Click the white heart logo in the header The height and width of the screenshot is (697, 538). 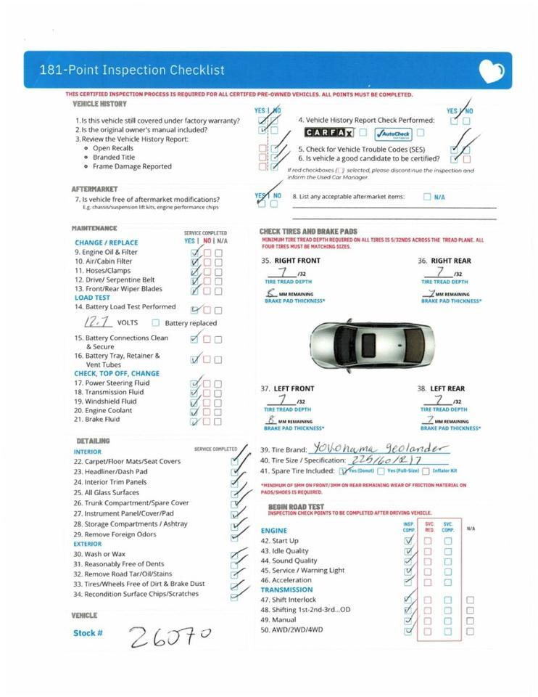coord(491,71)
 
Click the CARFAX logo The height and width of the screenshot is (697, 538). coord(329,133)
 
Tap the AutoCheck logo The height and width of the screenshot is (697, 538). coord(393,134)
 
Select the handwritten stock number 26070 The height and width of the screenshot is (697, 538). coord(170,636)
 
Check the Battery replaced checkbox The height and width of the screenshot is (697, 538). coord(156,323)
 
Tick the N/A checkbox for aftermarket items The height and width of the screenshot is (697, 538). coord(427,197)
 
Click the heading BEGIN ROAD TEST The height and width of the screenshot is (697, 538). coord(296,506)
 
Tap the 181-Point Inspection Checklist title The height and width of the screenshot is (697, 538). coord(131,70)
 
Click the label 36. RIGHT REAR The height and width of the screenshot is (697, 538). coord(444,261)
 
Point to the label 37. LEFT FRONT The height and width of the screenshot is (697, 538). coord(287,388)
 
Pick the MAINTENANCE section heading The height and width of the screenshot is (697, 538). coord(94,228)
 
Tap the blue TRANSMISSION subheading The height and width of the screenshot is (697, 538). coord(286,590)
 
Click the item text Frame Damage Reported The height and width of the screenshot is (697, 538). coord(132,166)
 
